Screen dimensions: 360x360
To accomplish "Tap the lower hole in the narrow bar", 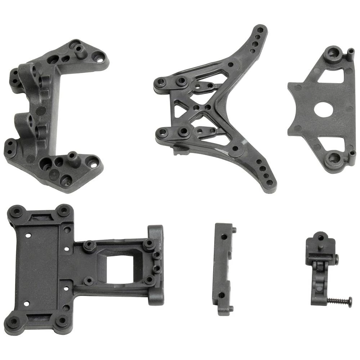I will [x=222, y=295].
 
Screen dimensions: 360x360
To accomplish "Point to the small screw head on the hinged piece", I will [x=336, y=258].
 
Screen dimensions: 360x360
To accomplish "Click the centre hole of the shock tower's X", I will [x=197, y=107].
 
